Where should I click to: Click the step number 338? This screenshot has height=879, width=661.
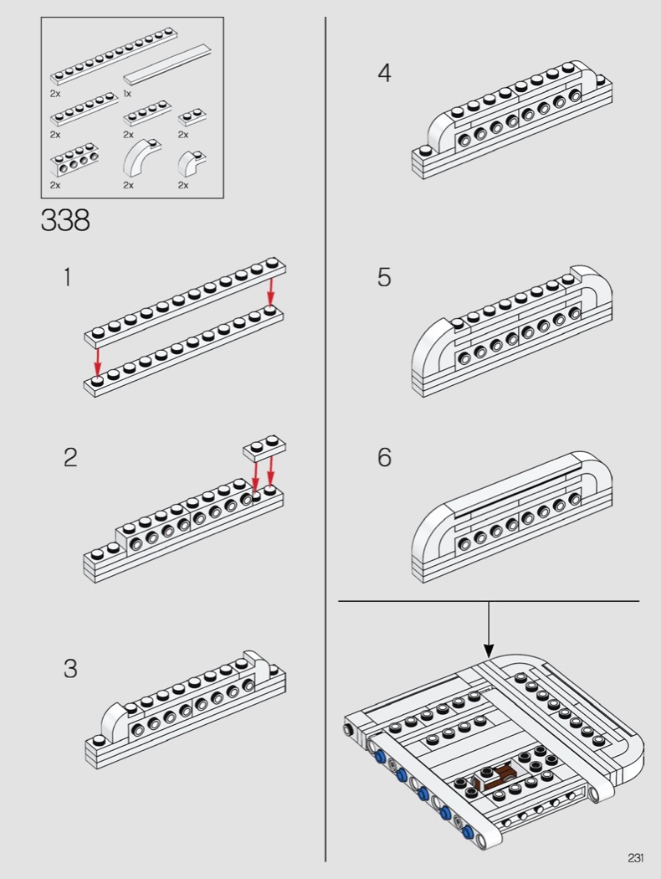(x=64, y=220)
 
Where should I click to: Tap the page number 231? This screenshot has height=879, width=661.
(x=635, y=857)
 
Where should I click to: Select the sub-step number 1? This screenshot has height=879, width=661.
(x=67, y=278)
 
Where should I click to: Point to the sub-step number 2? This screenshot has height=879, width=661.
(x=70, y=458)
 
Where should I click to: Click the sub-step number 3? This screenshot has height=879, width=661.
(x=70, y=669)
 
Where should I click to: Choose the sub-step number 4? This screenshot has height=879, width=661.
(x=384, y=74)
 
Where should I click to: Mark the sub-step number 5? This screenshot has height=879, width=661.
(x=384, y=278)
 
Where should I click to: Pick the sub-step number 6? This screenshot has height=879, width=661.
(x=384, y=458)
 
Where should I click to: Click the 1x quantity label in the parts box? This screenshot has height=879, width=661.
(x=127, y=94)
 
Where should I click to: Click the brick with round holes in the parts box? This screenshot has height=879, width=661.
(x=72, y=160)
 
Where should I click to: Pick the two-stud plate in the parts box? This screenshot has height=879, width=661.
(x=193, y=116)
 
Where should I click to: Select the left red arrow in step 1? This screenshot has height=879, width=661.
(x=98, y=362)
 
